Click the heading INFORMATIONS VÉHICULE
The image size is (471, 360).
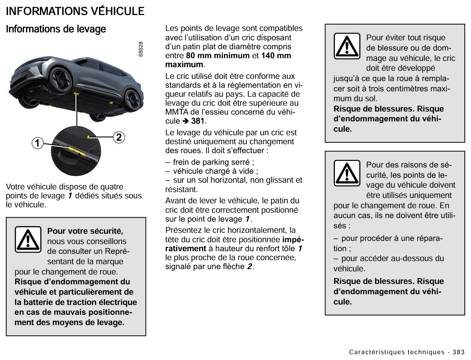click(75, 11)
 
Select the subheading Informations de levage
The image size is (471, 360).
click(56, 30)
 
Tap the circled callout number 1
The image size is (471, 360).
click(38, 144)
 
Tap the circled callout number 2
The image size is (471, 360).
click(118, 137)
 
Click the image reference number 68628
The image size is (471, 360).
click(141, 49)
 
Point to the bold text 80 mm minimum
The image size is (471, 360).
click(218, 56)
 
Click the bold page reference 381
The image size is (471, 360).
click(197, 121)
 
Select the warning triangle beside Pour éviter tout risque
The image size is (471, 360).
click(347, 46)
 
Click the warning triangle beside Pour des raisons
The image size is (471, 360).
click(347, 173)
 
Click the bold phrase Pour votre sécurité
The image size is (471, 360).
click(85, 231)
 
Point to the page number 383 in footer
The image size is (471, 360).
click(458, 351)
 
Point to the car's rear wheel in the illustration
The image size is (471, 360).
click(132, 97)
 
